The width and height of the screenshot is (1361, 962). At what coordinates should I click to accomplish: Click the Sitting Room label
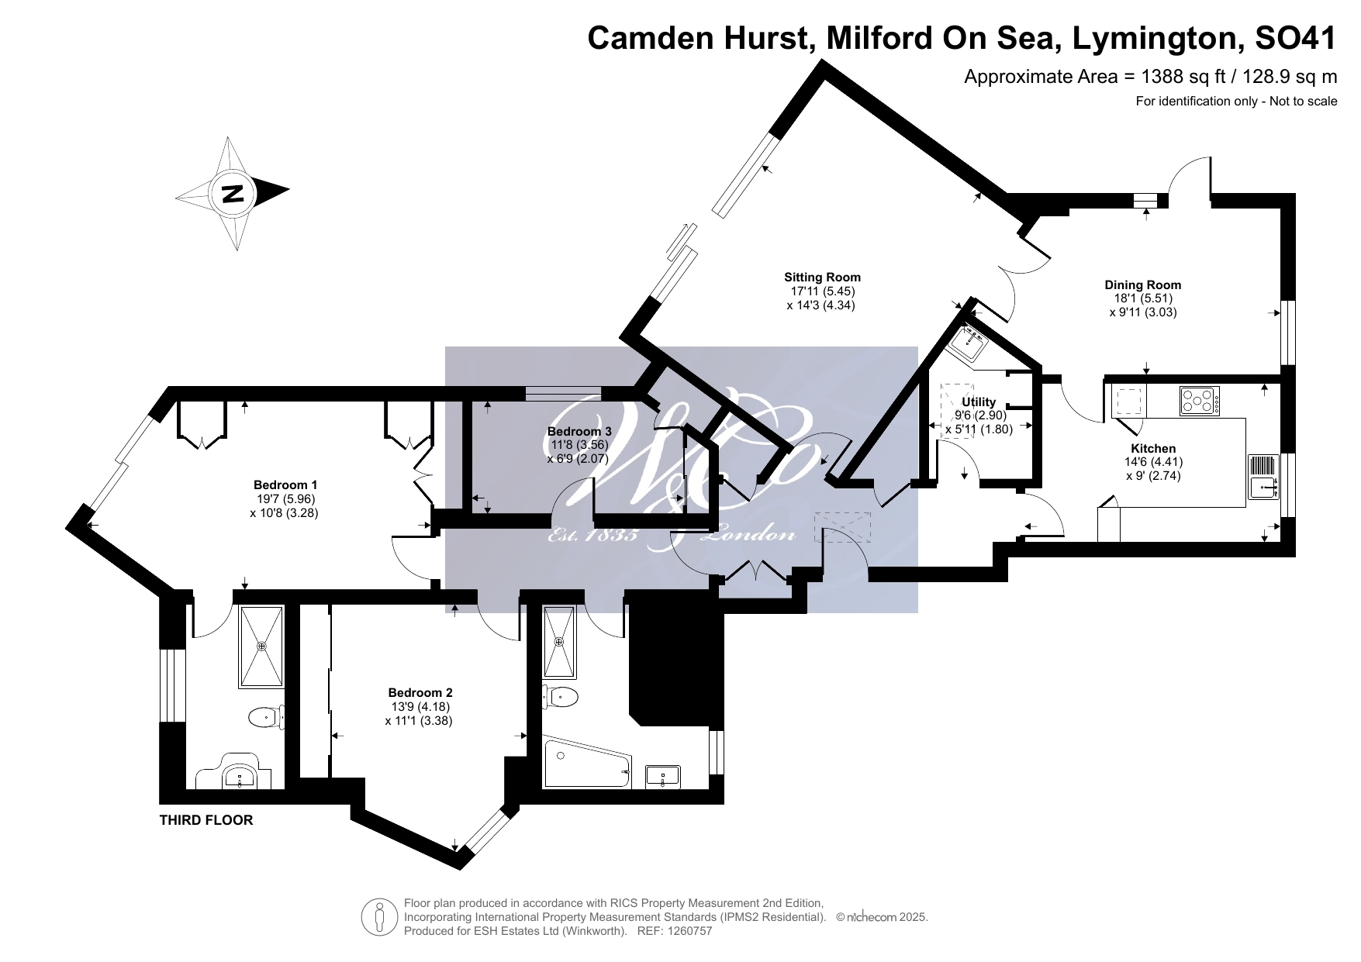point(822,277)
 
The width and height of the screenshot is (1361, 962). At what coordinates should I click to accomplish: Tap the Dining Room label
point(1143,284)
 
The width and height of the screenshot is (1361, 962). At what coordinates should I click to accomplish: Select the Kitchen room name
point(1153,448)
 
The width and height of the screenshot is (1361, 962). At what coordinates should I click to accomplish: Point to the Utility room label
point(978,402)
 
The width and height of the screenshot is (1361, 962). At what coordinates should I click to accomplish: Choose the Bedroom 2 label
point(420,692)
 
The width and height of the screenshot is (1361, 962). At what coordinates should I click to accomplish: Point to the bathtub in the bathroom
point(587,764)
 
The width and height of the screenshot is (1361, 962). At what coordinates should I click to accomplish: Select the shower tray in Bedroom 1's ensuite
point(261,647)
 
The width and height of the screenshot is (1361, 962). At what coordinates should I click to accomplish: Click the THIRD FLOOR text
point(206,820)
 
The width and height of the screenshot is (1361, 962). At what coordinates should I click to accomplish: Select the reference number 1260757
point(685,931)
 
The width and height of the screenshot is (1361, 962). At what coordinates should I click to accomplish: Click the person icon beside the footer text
point(379,917)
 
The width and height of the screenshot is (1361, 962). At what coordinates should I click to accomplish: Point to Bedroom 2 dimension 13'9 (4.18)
point(420,706)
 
